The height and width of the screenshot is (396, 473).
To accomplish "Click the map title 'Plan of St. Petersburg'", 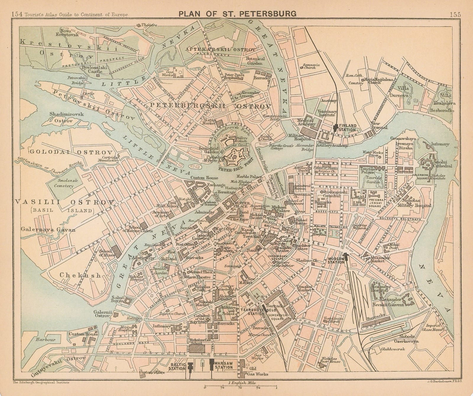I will click(236, 13).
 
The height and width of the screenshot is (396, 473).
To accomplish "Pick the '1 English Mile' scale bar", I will click(240, 387).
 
